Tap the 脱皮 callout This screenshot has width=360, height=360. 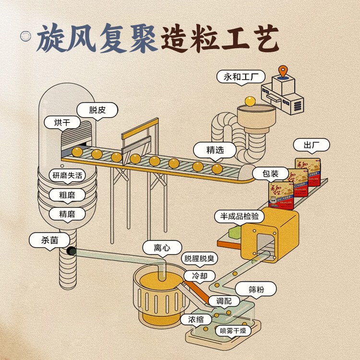pos(96,110)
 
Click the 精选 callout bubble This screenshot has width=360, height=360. pos(215,150)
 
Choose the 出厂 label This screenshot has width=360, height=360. pos(311,145)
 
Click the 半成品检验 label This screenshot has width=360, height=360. pos(239,216)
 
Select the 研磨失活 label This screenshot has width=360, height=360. pos(67,175)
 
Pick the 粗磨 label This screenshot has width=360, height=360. pos(67,195)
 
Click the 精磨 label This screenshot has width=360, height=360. pos(67,214)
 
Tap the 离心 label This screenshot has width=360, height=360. pos(162,248)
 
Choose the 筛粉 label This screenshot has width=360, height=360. pos(255,289)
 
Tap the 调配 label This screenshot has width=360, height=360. pos(224,301)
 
